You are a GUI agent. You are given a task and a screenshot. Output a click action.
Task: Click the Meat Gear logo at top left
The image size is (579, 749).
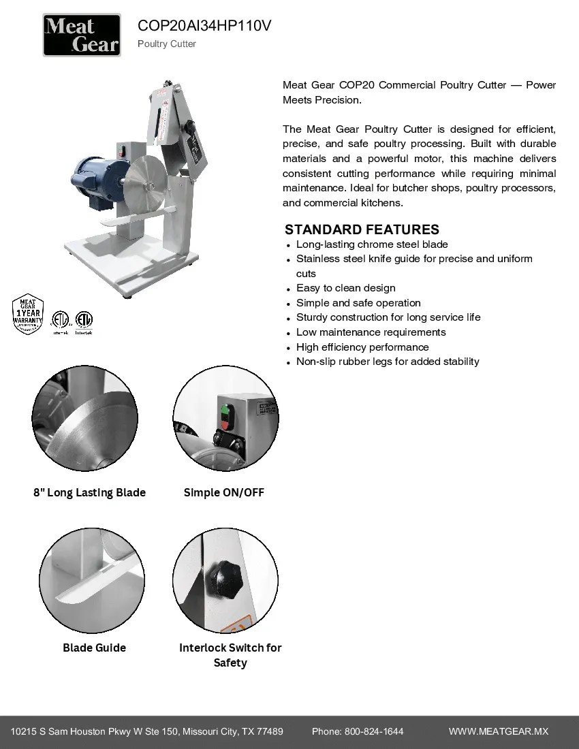point(82,35)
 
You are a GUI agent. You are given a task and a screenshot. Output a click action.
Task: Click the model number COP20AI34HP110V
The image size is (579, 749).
point(204,26)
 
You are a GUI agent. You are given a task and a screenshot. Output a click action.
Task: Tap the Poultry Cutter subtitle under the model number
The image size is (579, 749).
point(167,44)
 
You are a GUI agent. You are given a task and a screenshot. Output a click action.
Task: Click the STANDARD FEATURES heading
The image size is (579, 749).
point(362,229)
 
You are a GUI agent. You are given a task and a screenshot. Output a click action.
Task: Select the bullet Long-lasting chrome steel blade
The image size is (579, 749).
point(372,244)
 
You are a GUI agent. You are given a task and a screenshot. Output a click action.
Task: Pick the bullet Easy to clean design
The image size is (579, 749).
point(345,288)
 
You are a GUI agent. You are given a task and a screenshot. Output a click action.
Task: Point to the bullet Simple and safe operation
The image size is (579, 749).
point(358,303)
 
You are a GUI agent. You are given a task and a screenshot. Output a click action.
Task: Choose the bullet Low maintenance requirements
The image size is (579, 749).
point(371,332)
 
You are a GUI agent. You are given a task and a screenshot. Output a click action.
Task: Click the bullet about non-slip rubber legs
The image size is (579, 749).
point(388,362)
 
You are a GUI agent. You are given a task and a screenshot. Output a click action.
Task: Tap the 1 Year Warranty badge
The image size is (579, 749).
point(28,314)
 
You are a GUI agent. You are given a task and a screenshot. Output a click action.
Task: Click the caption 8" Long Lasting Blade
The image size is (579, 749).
point(89,492)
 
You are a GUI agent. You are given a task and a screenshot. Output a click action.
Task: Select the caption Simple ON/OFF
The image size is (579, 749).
point(224,492)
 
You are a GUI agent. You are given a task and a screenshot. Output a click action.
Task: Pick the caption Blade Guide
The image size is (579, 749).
point(94,648)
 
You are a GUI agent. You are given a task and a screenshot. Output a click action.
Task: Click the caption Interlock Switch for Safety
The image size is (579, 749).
point(230,655)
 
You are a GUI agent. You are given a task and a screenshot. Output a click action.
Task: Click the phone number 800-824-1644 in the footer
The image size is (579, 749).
point(374,731)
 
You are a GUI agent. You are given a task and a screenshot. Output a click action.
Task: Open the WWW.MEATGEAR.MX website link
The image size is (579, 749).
point(499,731)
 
